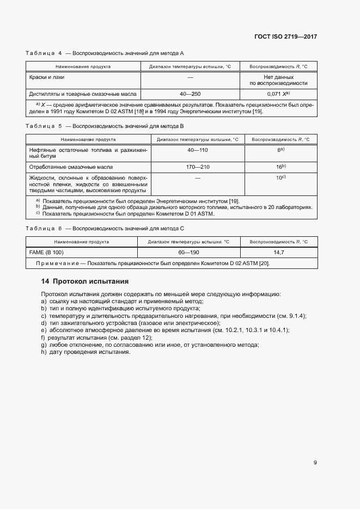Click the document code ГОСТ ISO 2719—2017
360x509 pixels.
point(285,36)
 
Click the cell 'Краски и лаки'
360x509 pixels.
point(47,77)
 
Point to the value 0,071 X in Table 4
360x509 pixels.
point(278,94)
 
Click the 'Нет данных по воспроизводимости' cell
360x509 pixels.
point(278,80)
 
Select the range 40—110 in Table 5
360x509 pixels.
point(198,150)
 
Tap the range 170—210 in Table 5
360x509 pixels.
point(198,167)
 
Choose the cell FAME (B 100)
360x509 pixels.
point(46,253)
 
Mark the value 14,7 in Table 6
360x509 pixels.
point(278,253)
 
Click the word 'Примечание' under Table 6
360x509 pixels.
point(57,263)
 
